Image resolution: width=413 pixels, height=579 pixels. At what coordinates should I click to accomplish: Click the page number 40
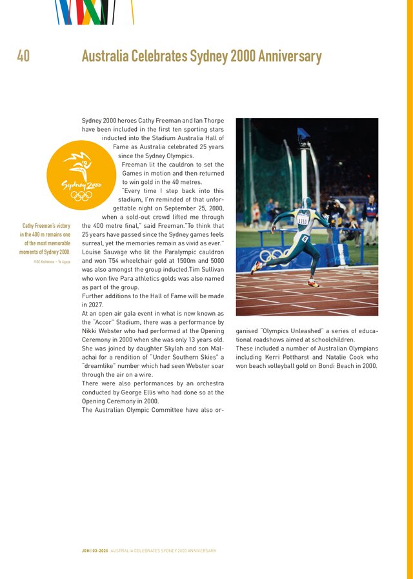coord(23,57)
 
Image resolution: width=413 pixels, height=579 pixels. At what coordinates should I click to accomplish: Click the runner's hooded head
coord(307,203)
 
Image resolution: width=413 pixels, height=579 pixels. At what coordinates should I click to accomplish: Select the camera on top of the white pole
coord(303,135)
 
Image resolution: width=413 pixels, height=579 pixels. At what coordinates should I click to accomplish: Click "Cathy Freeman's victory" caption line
coord(46,226)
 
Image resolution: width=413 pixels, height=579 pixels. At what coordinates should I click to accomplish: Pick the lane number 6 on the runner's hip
coord(305,239)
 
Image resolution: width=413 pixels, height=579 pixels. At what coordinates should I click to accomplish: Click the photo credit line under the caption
coord(52,261)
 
